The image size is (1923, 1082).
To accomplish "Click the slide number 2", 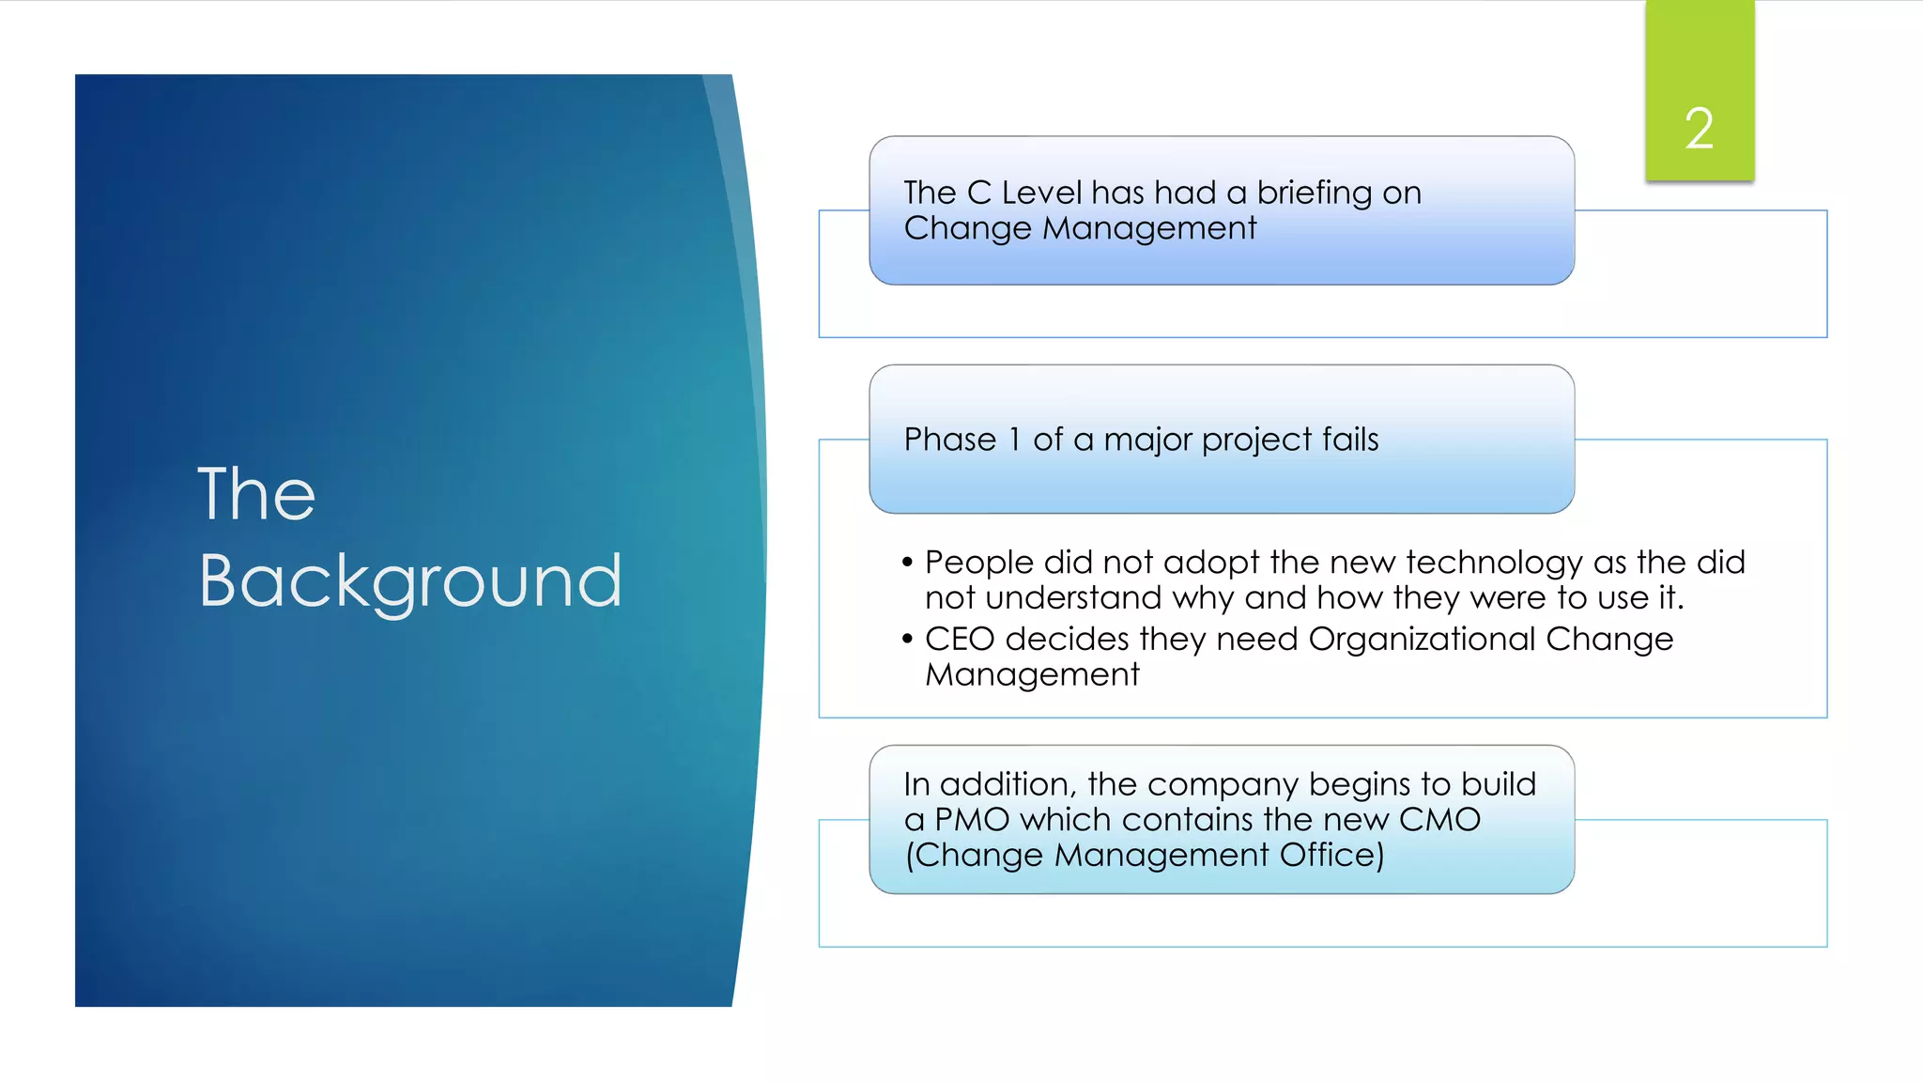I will click(1699, 129).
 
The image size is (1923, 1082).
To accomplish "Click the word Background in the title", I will click(410, 581).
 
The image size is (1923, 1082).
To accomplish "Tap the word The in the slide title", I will click(256, 494).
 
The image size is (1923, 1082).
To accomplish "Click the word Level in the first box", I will click(1041, 193).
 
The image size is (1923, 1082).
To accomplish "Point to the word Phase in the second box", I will click(949, 440).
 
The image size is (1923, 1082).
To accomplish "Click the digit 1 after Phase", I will click(1014, 440).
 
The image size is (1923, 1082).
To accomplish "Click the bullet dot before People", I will click(907, 563).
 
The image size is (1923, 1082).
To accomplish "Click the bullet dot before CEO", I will click(907, 640).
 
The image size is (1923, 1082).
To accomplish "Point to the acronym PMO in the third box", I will click(972, 820).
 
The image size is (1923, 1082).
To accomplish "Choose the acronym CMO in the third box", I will click(1439, 820).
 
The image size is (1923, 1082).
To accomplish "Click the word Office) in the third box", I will click(1331, 856).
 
